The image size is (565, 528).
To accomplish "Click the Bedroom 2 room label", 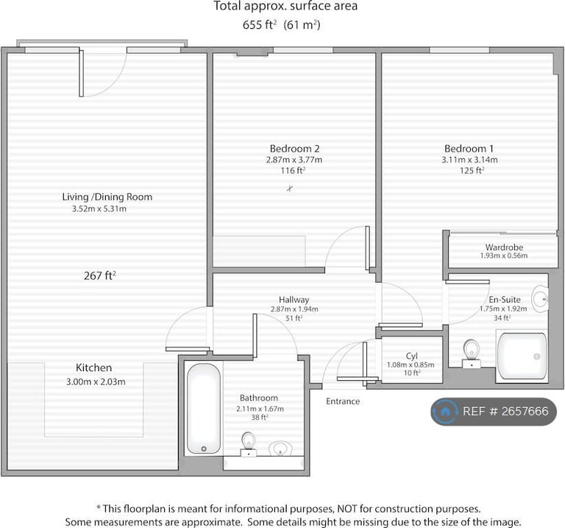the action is pyautogui.click(x=294, y=149).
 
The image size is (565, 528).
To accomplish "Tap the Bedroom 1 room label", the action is pyautogui.click(x=469, y=149).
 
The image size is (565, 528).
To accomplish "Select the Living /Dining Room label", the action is pyautogui.click(x=107, y=197).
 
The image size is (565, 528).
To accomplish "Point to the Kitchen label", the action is pyautogui.click(x=93, y=368).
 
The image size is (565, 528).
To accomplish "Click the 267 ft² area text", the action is pyautogui.click(x=100, y=276).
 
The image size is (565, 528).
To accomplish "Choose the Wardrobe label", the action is pyautogui.click(x=504, y=247).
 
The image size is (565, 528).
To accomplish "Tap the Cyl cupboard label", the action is pyautogui.click(x=411, y=356).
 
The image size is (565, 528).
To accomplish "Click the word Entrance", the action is pyautogui.click(x=343, y=401).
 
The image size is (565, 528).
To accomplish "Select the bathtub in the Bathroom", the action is pyautogui.click(x=204, y=408).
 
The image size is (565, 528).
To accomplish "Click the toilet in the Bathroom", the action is pyautogui.click(x=248, y=444).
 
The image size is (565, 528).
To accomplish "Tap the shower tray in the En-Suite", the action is pyautogui.click(x=522, y=356).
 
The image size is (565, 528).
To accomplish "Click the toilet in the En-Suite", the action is pyautogui.click(x=471, y=353).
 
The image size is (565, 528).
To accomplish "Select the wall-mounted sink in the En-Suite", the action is pyautogui.click(x=540, y=299).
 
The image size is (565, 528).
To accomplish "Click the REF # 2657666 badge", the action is pyautogui.click(x=494, y=412).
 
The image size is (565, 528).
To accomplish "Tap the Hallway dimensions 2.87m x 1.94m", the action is pyautogui.click(x=294, y=309).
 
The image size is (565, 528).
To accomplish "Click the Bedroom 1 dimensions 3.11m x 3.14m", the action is pyautogui.click(x=469, y=160).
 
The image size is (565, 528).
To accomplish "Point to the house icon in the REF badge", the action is pyautogui.click(x=445, y=411).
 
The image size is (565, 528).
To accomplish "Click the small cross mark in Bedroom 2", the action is pyautogui.click(x=290, y=188).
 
